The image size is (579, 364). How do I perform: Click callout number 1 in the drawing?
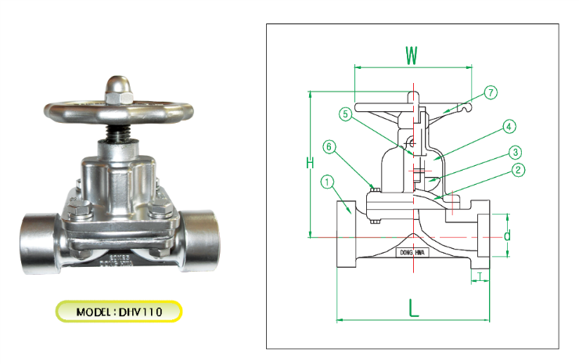tap(327, 182)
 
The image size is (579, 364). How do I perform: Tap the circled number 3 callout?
tap(514, 151)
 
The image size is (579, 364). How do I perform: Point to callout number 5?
tap(345, 114)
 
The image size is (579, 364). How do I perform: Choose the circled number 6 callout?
tap(329, 146)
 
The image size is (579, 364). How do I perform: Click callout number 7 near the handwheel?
tap(490, 92)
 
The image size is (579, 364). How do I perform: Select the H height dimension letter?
tap(310, 164)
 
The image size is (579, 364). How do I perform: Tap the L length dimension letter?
tap(414, 307)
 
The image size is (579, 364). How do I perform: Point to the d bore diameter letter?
tap(507, 235)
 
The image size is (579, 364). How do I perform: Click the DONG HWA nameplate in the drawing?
tap(412, 253)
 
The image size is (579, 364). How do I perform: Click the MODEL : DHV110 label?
tap(119, 312)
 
